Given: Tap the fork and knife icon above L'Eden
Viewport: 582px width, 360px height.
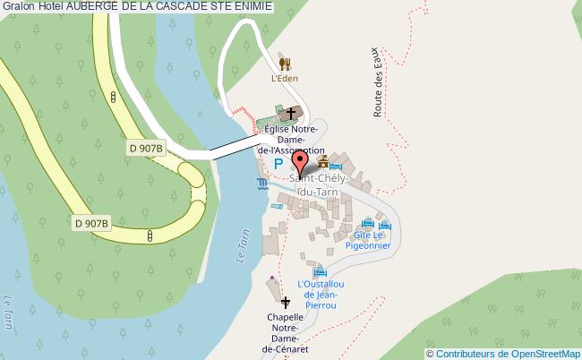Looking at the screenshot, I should click(285, 64).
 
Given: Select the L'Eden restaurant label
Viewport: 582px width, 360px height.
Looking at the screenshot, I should click(285, 78).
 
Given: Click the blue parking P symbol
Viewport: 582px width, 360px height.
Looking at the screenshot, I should click(278, 163).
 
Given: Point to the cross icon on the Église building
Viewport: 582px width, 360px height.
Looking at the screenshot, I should click(289, 115).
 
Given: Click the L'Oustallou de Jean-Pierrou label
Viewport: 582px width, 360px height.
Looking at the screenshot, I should click(321, 295).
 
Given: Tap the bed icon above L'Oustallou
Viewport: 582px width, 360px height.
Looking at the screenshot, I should click(320, 271).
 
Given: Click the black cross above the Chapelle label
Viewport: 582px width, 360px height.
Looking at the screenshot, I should click(287, 303).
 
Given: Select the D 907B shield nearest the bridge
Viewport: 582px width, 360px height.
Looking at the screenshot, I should click(146, 148).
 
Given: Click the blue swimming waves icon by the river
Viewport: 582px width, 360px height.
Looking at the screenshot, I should click(261, 184).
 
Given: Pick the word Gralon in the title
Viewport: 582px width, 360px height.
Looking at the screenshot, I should click(18, 7).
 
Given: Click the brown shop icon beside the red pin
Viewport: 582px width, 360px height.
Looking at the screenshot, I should click(322, 162).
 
